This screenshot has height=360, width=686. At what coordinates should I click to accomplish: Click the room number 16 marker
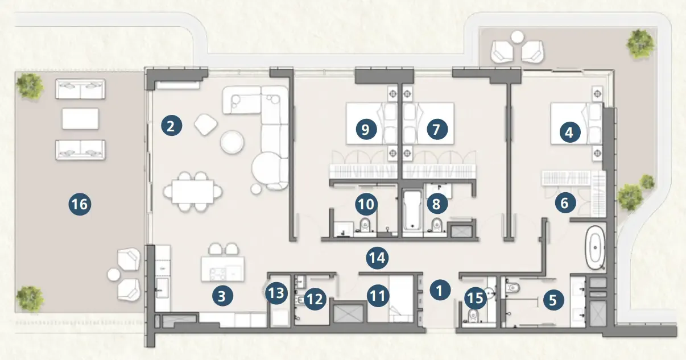[x=80, y=204]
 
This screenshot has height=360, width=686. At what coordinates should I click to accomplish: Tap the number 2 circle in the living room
[x=172, y=126]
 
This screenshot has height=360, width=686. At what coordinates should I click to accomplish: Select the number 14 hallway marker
[x=377, y=258]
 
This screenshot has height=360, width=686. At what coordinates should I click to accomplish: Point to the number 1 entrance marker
[x=440, y=290]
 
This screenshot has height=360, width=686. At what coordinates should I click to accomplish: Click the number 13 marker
[x=276, y=293]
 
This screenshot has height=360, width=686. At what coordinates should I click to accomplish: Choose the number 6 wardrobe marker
[x=565, y=202]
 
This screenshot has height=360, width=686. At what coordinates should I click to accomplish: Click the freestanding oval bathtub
[x=595, y=248]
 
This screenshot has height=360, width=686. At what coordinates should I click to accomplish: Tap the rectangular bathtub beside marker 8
[x=412, y=210]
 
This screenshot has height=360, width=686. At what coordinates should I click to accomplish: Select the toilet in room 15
[x=473, y=315]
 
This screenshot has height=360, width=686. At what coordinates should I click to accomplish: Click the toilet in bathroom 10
[x=365, y=225]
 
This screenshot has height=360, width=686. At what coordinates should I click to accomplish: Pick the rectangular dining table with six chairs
[x=193, y=192]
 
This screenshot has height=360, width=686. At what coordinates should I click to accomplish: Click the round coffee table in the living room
[x=232, y=142]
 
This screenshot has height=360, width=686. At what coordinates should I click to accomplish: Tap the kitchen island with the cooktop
[x=222, y=269]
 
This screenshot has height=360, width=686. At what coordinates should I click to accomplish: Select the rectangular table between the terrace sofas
[x=81, y=118]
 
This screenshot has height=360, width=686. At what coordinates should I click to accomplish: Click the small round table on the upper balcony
[x=517, y=37]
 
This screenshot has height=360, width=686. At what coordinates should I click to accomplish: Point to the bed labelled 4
[x=577, y=123]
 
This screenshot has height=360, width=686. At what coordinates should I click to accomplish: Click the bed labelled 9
[x=372, y=123]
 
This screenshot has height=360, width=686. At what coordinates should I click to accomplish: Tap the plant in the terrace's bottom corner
[x=30, y=297]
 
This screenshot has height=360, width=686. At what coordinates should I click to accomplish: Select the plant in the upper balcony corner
[x=640, y=44]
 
